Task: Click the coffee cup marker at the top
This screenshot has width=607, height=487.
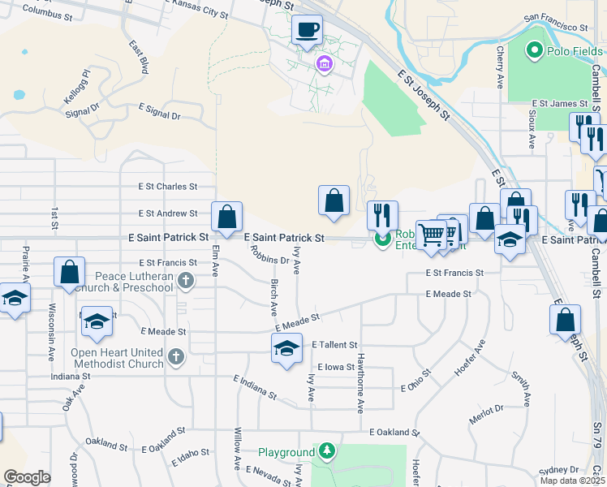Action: click(307, 31)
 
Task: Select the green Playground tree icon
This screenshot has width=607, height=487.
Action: click(326, 450)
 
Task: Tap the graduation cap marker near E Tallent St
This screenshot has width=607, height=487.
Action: click(286, 349)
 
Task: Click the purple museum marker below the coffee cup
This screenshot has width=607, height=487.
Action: click(324, 63)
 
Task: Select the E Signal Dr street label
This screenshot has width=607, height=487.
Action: click(159, 111)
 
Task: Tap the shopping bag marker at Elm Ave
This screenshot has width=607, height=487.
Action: click(226, 217)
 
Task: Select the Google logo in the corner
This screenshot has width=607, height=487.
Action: click(28, 477)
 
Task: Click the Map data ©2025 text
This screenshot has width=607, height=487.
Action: click(572, 481)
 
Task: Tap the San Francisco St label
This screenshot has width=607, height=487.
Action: click(556, 22)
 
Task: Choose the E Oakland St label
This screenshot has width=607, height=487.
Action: click(394, 433)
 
